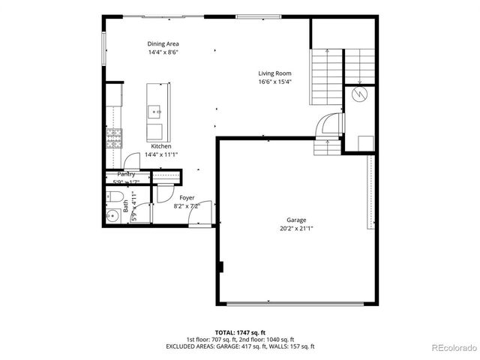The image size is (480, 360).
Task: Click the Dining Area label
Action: click(x=163, y=44)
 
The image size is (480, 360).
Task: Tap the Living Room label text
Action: click(x=274, y=73)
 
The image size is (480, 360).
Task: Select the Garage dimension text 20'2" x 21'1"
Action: click(x=296, y=228)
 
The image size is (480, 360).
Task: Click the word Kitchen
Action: click(x=161, y=145)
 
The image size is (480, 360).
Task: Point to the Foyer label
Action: click(x=187, y=197)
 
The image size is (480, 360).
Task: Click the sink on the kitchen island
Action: click(x=157, y=111)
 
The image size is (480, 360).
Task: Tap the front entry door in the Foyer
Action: click(x=199, y=218)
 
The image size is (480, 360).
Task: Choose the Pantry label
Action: click(x=126, y=174)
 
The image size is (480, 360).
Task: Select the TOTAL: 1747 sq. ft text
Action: click(x=240, y=331)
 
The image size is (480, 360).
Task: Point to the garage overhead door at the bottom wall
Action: click(x=295, y=304)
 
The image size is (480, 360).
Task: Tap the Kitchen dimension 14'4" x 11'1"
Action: click(x=161, y=154)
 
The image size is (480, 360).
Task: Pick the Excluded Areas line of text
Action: click(x=240, y=346)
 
